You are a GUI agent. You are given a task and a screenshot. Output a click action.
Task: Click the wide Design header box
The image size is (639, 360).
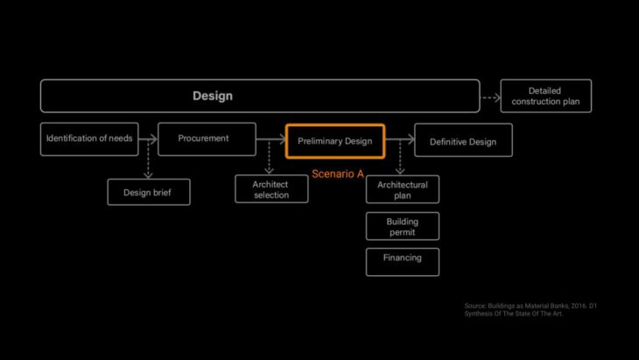(259, 95)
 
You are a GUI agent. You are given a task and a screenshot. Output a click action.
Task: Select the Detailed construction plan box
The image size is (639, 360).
(545, 96)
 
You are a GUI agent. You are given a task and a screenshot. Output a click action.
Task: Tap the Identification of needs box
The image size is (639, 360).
(89, 138)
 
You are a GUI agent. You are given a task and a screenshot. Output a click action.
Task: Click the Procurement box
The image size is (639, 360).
(207, 138)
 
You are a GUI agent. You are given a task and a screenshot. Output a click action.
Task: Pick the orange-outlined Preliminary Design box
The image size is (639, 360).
(334, 141)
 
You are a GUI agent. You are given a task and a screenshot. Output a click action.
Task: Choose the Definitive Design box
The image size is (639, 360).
(463, 141)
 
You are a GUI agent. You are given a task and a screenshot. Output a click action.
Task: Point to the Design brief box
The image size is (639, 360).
(148, 191)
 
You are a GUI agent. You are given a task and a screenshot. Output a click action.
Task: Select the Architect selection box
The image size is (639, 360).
(271, 189)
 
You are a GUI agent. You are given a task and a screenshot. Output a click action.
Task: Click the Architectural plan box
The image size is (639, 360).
(402, 189)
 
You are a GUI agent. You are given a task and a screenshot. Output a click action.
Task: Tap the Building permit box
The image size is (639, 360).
(402, 226)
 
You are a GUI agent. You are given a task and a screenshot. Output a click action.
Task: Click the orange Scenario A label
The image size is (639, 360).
(338, 174)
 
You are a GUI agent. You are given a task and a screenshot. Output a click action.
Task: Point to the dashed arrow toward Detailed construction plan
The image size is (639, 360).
(490, 97)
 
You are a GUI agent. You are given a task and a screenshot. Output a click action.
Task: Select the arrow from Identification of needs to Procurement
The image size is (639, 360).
(148, 138)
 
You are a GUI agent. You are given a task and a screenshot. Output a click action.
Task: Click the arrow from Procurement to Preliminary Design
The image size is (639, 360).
(271, 139)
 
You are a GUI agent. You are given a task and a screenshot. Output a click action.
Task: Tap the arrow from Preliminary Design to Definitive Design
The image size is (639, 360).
(399, 140)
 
